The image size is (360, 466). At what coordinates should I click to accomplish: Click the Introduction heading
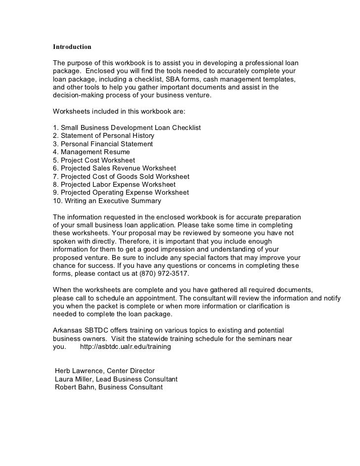pos(72,47)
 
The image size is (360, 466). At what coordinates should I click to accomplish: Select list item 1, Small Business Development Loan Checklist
pos(127,127)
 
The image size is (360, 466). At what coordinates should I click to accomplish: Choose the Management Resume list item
pos(91,152)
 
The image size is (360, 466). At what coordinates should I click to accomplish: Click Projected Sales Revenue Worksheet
pos(114,168)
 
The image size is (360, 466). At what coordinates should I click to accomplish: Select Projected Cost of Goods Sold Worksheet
pos(121,176)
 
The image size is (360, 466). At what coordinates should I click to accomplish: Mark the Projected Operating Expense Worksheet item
pos(121,193)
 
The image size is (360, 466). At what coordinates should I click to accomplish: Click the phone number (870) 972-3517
pos(165,273)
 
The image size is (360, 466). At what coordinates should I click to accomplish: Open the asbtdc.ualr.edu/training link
pos(125,347)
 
